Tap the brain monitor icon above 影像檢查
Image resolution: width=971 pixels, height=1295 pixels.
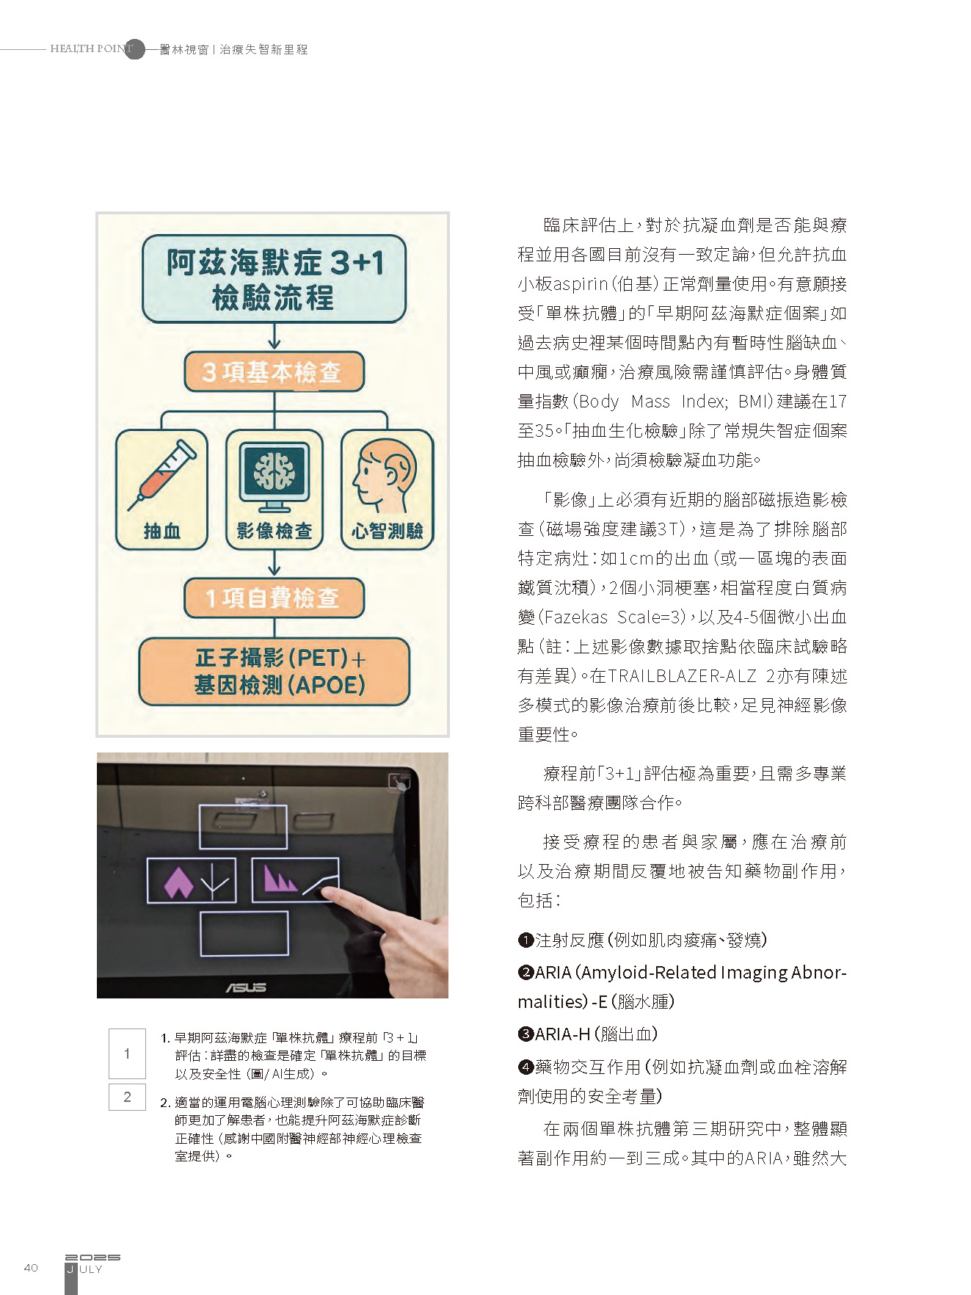click(x=274, y=474)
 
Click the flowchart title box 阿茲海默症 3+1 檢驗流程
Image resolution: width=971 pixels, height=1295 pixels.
click(x=274, y=279)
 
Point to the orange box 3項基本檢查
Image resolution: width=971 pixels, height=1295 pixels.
click(x=274, y=371)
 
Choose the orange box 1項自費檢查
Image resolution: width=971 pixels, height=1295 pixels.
click(x=274, y=598)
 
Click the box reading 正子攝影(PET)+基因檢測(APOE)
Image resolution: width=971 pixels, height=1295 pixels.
click(x=274, y=672)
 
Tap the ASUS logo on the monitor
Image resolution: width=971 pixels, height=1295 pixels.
click(x=245, y=987)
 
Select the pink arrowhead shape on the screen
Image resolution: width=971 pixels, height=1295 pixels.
click(x=178, y=882)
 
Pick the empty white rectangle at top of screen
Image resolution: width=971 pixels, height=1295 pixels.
click(x=243, y=827)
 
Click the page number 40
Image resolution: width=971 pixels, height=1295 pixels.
click(x=31, y=1268)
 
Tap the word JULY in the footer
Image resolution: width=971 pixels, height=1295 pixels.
click(x=85, y=1269)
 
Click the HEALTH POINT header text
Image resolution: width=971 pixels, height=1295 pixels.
click(x=92, y=48)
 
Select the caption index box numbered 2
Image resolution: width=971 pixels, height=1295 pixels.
click(x=127, y=1097)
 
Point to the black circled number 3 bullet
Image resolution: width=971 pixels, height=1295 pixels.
click(x=525, y=1034)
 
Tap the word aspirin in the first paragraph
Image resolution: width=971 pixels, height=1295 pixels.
click(x=581, y=284)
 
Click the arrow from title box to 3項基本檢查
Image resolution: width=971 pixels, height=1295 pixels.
click(x=274, y=337)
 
